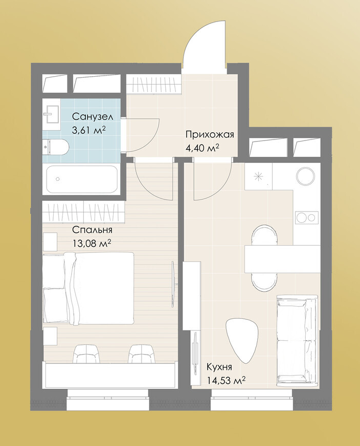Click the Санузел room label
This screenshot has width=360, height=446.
coord(93,116)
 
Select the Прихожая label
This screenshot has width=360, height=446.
coord(210,134)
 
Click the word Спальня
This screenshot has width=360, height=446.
coord(92,229)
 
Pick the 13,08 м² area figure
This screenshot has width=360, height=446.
coord(92,243)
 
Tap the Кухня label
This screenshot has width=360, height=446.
coord(219,367)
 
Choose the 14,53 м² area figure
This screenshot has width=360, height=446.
coord(226,381)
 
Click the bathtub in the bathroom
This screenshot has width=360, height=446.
coord(82,179)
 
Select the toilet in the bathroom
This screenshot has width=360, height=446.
coord(56,147)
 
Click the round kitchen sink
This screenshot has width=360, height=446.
coord(306,176)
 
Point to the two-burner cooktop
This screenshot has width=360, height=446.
coord(307,218)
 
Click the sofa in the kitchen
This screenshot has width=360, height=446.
coord(297,339)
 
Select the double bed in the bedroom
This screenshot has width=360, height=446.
coord(88,288)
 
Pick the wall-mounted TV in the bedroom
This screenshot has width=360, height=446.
coord(173,284)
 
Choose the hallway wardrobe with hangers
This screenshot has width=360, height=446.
coord(154,84)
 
